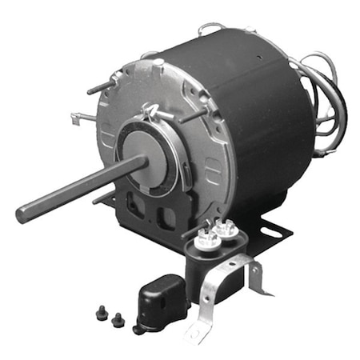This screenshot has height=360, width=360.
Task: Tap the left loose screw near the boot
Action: (x=102, y=314)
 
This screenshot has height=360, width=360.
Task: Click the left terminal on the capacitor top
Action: (x=205, y=234)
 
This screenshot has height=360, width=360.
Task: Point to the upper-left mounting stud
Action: (x=100, y=87)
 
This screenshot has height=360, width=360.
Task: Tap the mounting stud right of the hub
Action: (x=192, y=115)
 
